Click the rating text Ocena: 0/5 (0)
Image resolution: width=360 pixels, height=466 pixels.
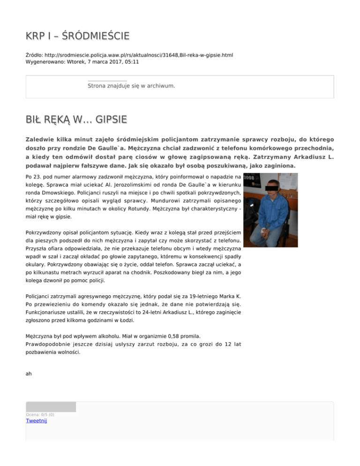click(40, 414)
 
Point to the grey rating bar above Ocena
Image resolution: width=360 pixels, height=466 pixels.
click(51, 406)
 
